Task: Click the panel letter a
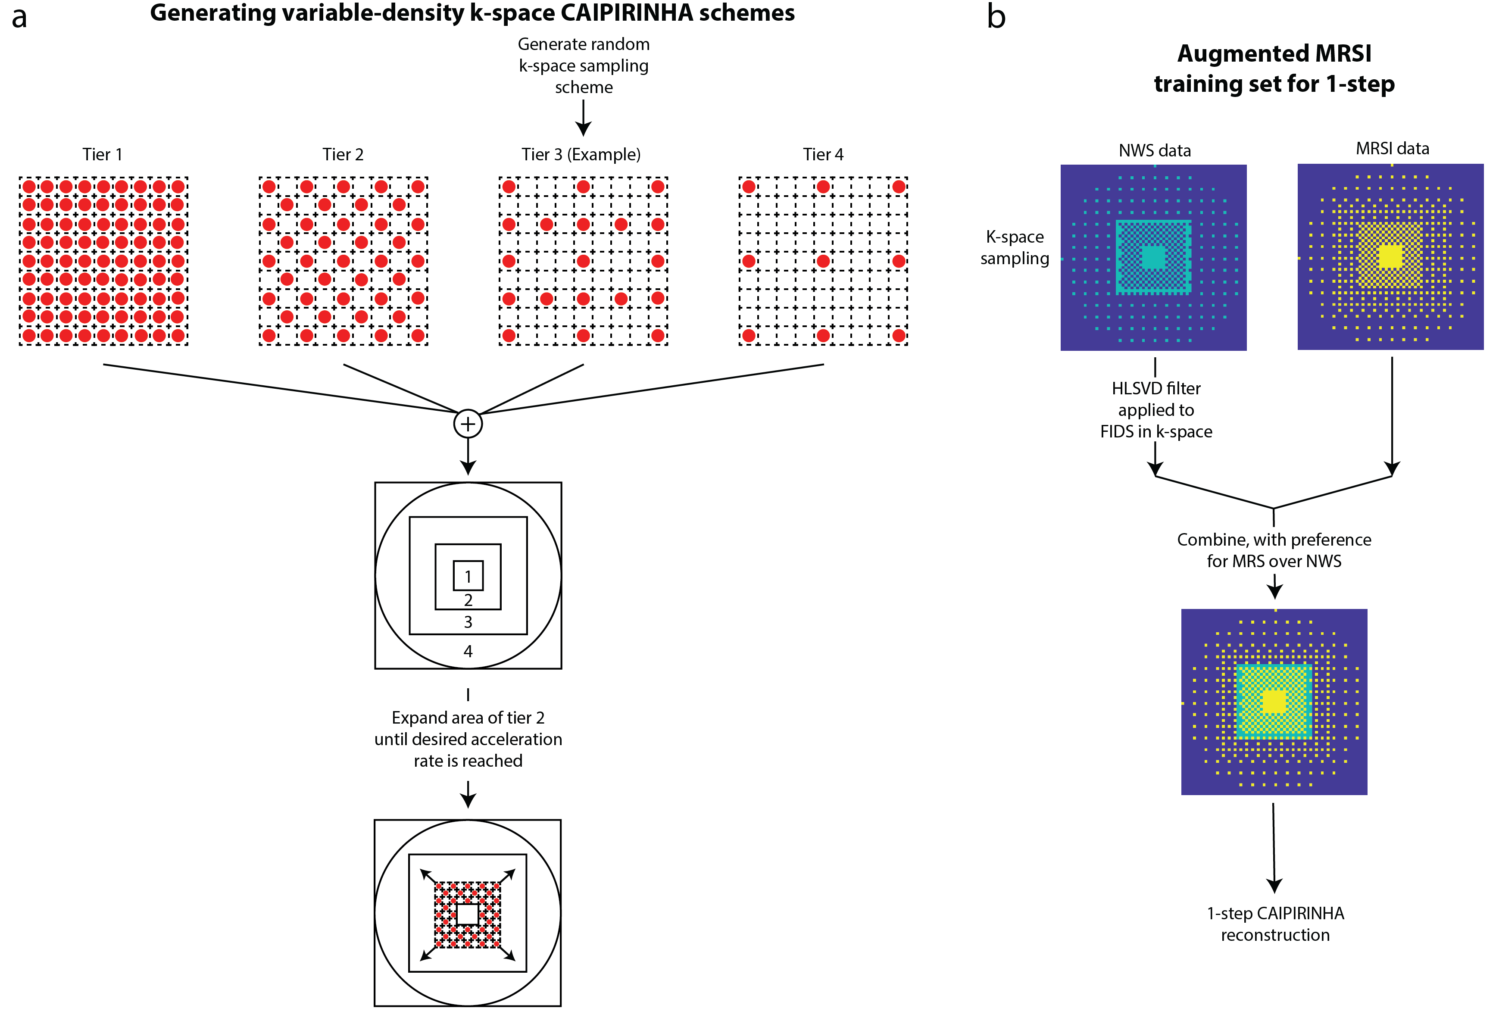pyautogui.click(x=19, y=17)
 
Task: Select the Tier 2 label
pyautogui.click(x=343, y=155)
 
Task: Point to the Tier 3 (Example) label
pyautogui.click(x=581, y=155)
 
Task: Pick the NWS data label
pyautogui.click(x=1155, y=151)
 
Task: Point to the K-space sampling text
pyautogui.click(x=1015, y=248)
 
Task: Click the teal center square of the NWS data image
pyautogui.click(x=1153, y=257)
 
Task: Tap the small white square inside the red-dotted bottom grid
pyautogui.click(x=467, y=914)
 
